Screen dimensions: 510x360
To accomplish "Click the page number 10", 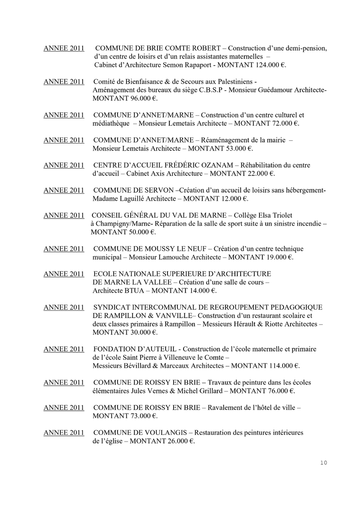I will (323, 462).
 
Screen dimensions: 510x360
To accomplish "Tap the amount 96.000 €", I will (140, 98).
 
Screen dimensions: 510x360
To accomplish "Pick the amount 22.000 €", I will (258, 173).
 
